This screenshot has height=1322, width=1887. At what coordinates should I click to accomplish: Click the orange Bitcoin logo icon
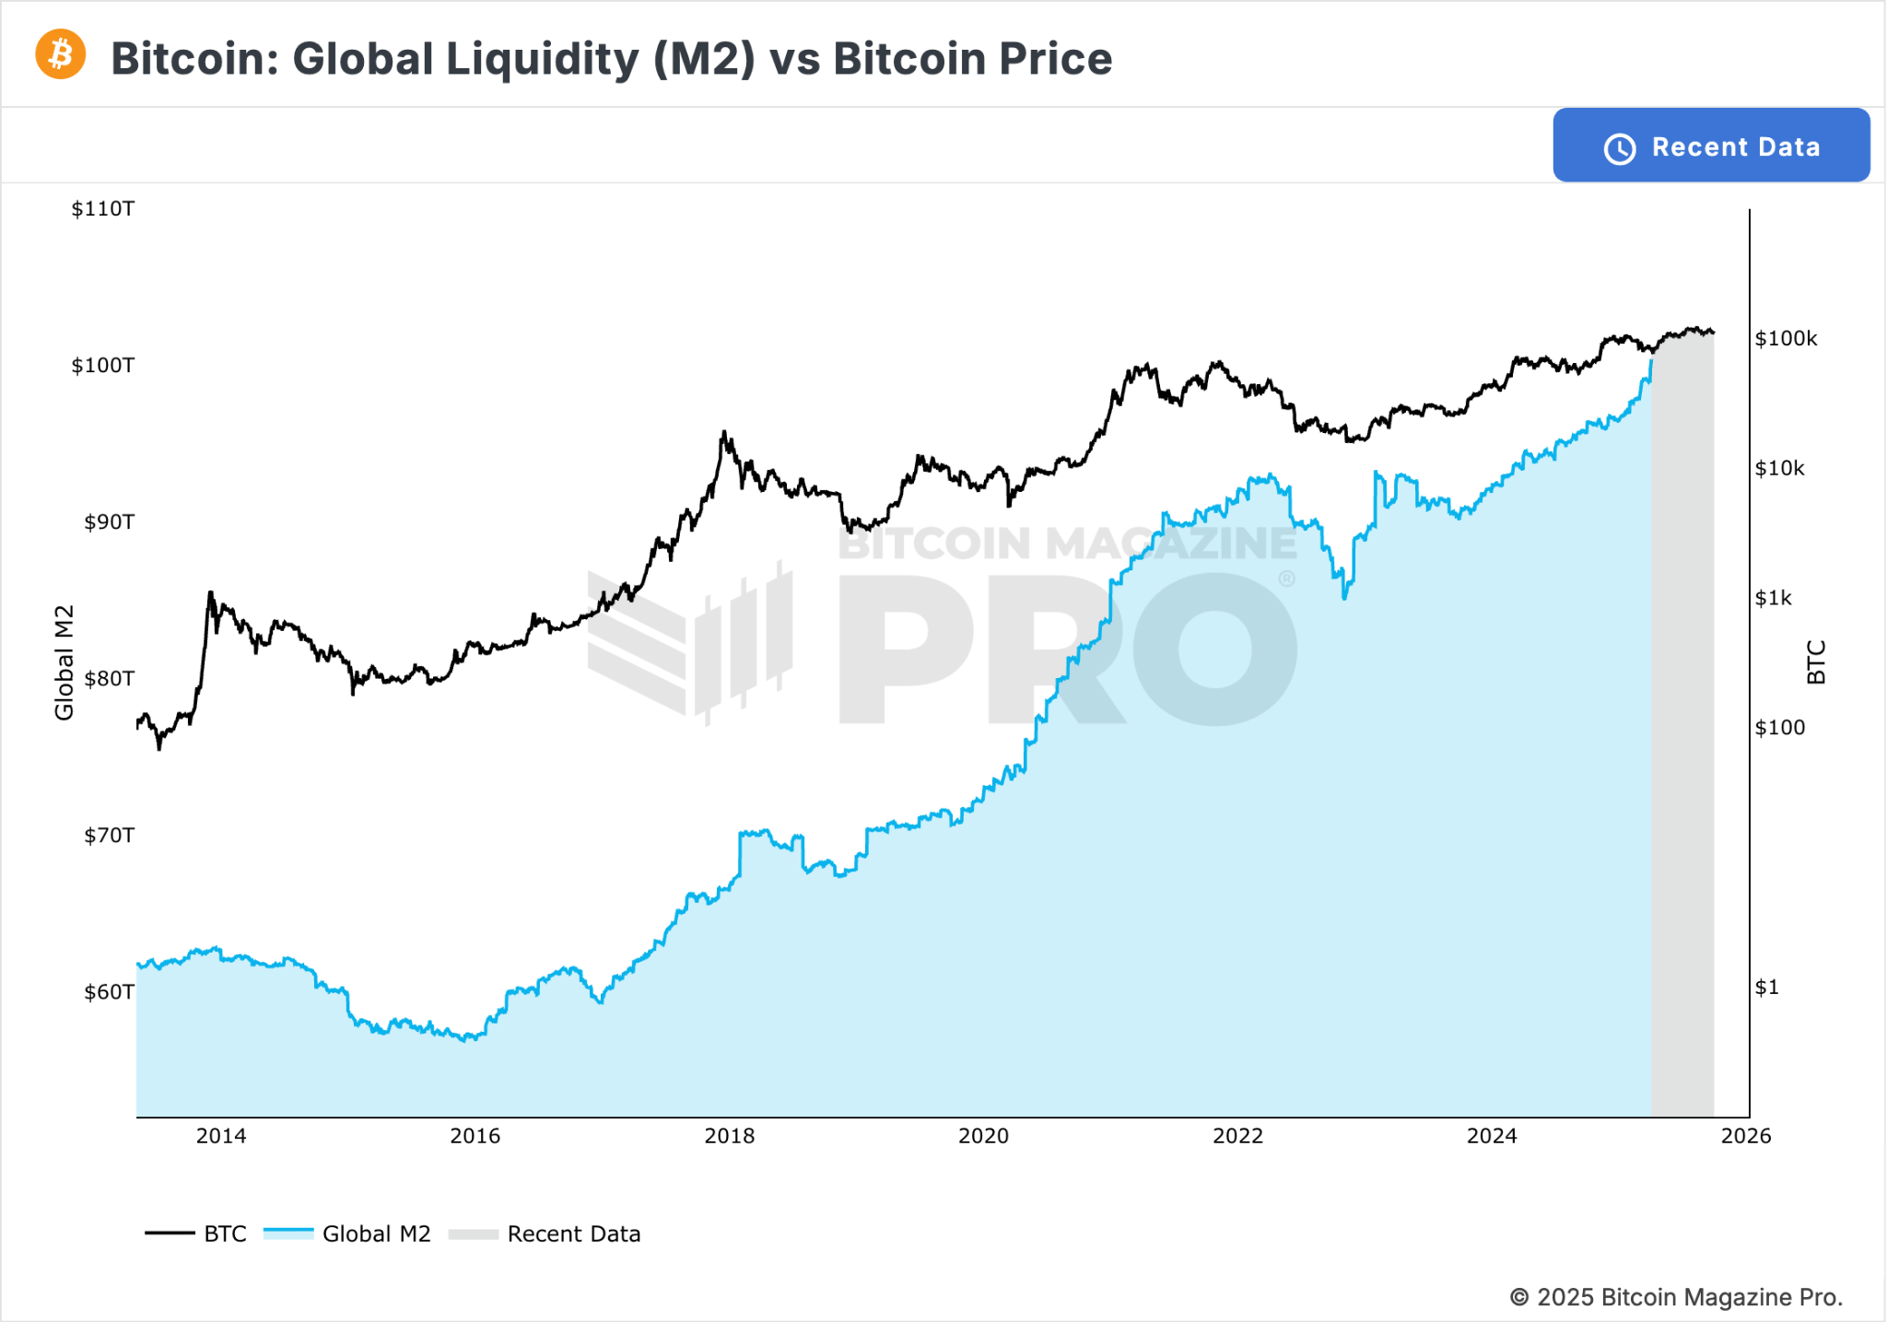pos(61,54)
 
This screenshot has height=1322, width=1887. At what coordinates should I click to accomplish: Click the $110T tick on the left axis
pos(103,209)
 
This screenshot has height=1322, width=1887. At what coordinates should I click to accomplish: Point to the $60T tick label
pos(109,992)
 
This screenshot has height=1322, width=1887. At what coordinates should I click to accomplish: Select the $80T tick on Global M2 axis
pos(109,679)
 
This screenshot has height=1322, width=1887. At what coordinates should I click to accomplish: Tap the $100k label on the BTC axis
pos(1786,339)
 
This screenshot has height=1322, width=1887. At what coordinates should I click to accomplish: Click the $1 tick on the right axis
pos(1766,988)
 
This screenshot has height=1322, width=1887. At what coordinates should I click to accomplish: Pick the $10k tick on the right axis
pos(1779,469)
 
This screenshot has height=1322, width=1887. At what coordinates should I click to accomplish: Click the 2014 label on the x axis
pos(221,1136)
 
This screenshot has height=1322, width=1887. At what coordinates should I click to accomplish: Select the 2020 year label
pos(983,1136)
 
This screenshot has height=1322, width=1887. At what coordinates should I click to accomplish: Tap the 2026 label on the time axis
pos(1745,1136)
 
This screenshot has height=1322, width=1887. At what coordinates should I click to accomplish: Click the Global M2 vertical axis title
pos(64,662)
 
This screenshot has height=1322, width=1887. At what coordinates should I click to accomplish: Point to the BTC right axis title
pos(1815,662)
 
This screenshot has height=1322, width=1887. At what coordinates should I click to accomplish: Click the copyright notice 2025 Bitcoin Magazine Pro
pos(1676,1297)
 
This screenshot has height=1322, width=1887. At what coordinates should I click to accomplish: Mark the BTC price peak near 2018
pos(724,432)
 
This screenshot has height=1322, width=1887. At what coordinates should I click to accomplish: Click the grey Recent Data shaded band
pos(1682,737)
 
